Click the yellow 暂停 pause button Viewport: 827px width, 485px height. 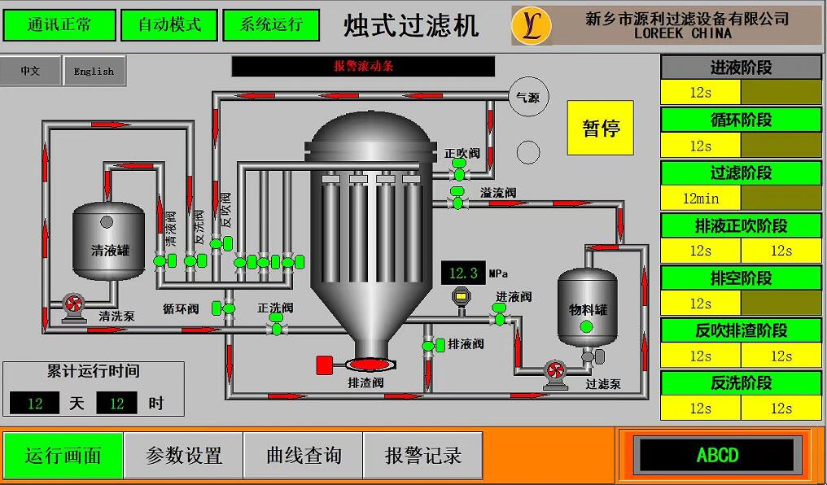[600, 128]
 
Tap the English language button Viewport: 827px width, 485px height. [94, 72]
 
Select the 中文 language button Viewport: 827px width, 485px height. [31, 72]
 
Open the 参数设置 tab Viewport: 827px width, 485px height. [184, 455]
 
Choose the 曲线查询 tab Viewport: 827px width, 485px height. [304, 455]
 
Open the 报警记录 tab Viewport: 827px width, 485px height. [423, 455]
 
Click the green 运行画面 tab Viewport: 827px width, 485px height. [63, 455]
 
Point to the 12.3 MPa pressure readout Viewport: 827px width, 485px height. [463, 273]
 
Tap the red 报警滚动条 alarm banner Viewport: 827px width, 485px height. [363, 67]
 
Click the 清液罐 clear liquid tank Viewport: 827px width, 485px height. [109, 242]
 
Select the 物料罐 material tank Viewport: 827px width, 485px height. [587, 308]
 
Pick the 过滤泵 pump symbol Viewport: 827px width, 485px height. [555, 372]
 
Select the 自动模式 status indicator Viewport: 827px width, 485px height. [169, 24]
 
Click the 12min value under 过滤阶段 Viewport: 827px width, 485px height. [701, 198]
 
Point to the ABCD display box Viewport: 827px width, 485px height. [717, 455]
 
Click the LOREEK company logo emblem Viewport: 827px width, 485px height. [532, 25]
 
